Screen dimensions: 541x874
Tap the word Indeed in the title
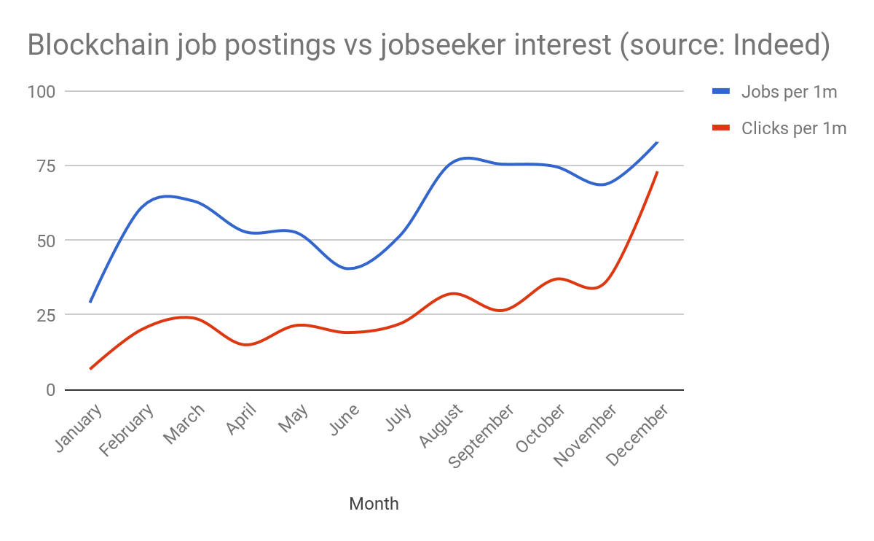(x=776, y=45)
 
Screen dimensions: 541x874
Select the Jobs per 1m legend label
(x=789, y=92)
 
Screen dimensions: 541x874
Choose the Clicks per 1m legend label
(x=794, y=128)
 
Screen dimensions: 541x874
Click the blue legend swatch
(x=721, y=92)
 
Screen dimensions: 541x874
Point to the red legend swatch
(x=721, y=128)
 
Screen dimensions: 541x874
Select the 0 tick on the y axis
(x=51, y=390)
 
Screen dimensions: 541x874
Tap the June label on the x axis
(x=345, y=420)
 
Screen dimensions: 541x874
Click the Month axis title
(x=374, y=504)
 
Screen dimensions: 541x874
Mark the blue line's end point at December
(x=658, y=142)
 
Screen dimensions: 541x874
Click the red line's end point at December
(x=658, y=172)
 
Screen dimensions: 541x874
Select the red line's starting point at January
(x=90, y=369)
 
